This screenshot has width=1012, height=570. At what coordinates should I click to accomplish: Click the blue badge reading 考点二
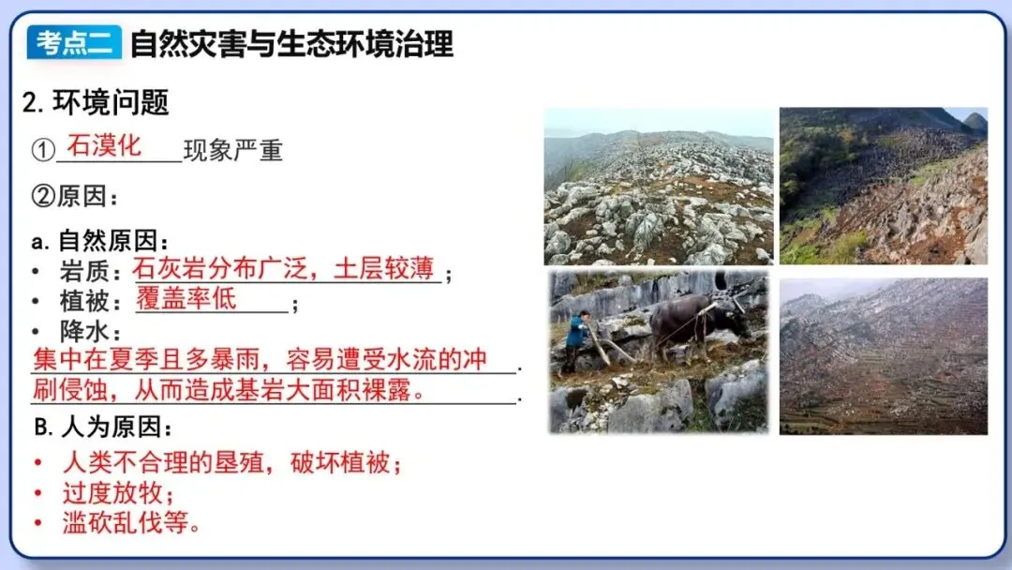(x=74, y=42)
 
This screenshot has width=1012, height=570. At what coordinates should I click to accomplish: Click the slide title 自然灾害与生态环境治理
(x=291, y=43)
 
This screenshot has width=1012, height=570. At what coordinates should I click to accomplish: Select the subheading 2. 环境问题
(x=96, y=102)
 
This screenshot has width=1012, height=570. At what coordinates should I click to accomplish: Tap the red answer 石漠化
(x=104, y=145)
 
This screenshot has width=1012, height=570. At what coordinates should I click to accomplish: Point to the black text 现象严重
(x=232, y=151)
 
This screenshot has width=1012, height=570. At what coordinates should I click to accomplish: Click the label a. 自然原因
(x=100, y=241)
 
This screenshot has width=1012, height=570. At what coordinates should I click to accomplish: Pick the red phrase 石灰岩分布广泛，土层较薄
(x=284, y=269)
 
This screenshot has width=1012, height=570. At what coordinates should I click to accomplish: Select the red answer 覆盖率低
(x=186, y=299)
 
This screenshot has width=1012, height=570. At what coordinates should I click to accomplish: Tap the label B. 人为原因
(x=104, y=427)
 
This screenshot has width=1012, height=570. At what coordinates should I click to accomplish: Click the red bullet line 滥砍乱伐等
(x=132, y=522)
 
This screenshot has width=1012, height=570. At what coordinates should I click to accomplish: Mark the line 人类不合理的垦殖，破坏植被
(x=232, y=462)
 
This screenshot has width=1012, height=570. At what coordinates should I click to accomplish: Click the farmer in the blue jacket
(x=575, y=339)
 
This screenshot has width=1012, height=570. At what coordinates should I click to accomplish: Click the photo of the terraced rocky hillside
(x=883, y=355)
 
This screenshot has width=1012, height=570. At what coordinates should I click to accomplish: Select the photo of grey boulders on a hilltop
(x=658, y=187)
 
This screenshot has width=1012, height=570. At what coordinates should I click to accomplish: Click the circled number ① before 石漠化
(x=43, y=151)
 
